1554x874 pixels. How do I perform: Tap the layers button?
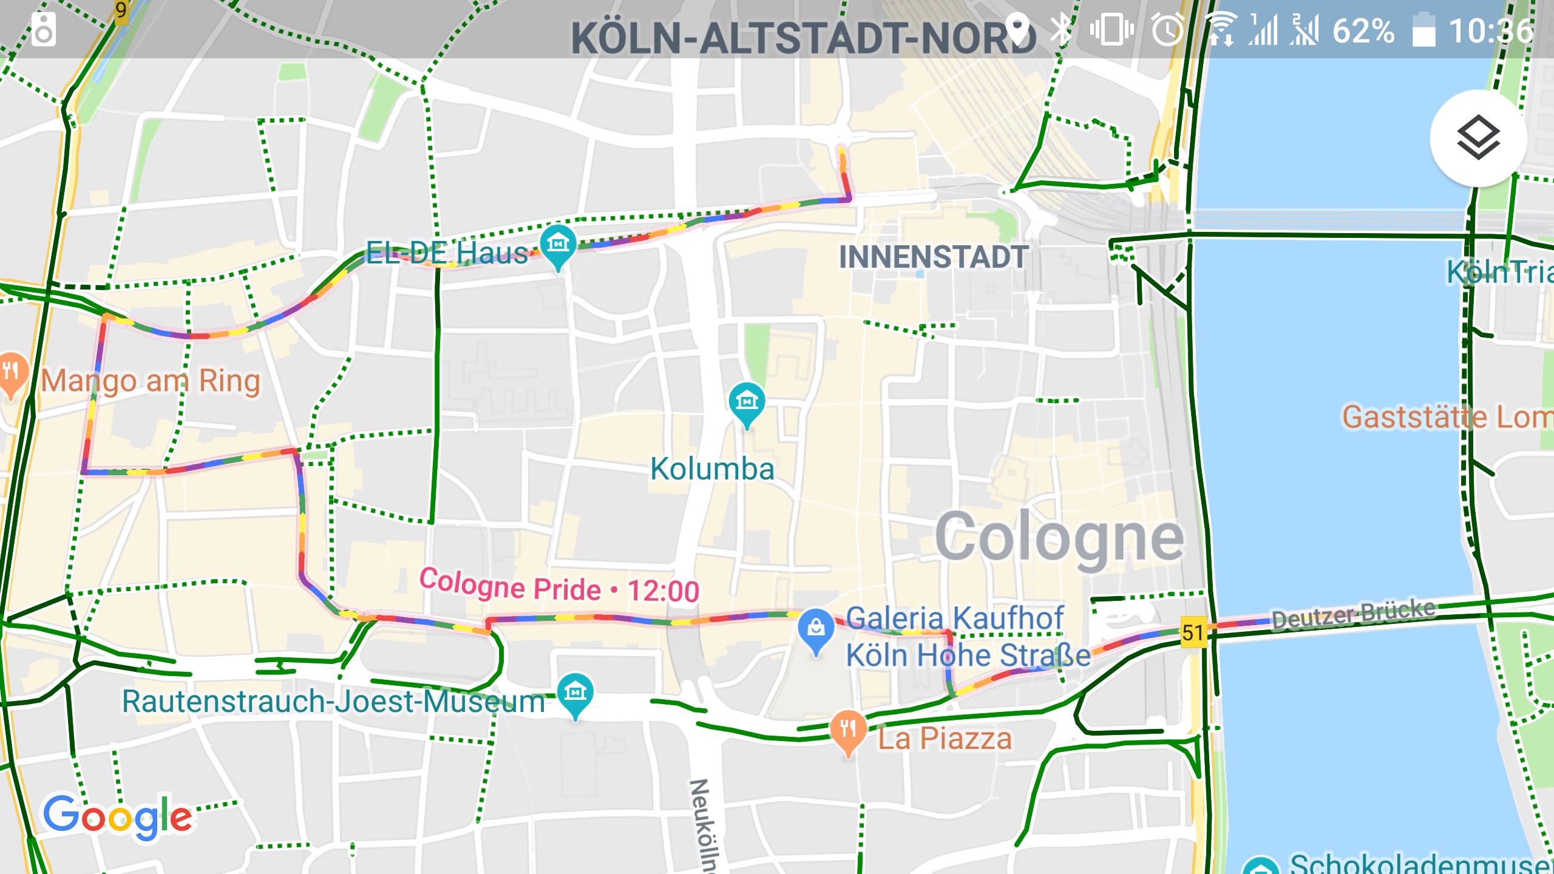coord(1478,138)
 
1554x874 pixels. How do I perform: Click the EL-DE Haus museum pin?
coord(558,245)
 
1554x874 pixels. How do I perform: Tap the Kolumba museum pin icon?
coord(747,402)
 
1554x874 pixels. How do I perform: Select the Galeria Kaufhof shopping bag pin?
coord(816,629)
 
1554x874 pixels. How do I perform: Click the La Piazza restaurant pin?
coord(848,730)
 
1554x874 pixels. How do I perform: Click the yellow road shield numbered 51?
coord(1192,633)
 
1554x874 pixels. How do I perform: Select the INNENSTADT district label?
coord(933,257)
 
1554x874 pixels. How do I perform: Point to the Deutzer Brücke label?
coord(1354,615)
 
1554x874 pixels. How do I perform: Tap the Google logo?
coord(117,817)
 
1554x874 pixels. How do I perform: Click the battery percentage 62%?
coord(1363,31)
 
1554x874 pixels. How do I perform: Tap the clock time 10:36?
coord(1490,31)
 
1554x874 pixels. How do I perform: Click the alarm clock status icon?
coord(1167,30)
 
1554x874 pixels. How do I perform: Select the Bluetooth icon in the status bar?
coord(1062,30)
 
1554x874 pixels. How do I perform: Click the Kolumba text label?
coord(712,469)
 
